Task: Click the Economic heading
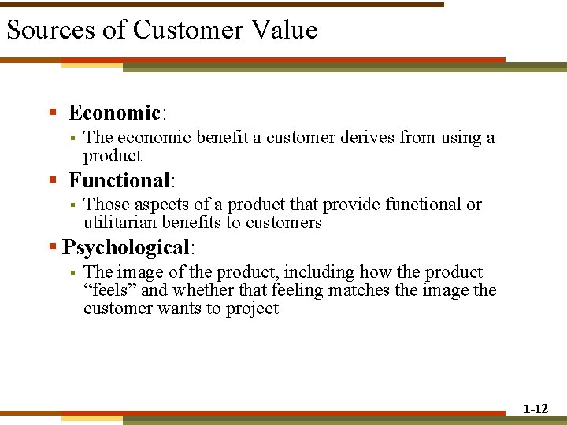(113, 113)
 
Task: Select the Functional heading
(119, 180)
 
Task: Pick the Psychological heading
(125, 247)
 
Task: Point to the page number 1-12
(535, 408)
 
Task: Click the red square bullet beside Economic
(53, 113)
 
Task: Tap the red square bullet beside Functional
(53, 180)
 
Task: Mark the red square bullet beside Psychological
(52, 247)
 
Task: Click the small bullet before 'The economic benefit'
(71, 139)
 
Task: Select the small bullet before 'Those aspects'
(71, 205)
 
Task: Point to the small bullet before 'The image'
(71, 273)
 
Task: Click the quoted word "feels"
(109, 290)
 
